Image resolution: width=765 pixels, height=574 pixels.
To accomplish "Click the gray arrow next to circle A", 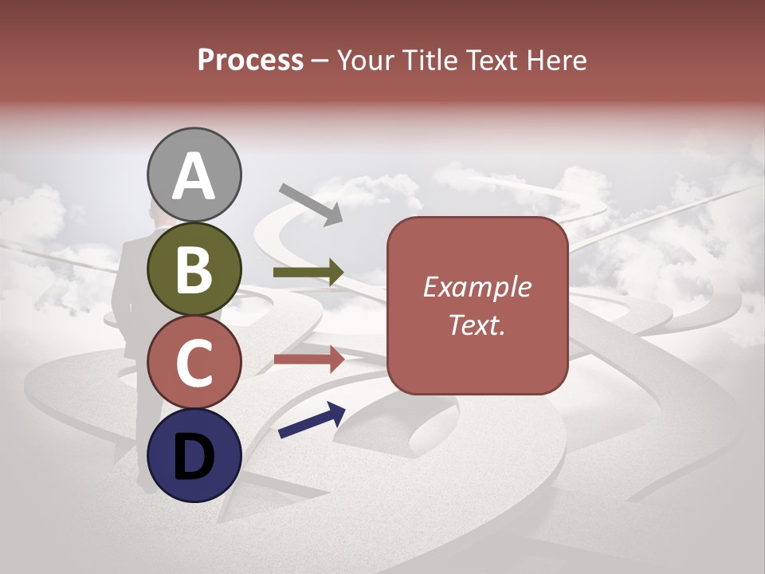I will click(x=311, y=203).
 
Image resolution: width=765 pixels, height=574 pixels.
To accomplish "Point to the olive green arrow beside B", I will click(x=308, y=273).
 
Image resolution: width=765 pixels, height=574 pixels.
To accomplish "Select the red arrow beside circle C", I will click(x=308, y=359).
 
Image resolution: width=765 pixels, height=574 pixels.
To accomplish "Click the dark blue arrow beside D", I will click(x=312, y=420).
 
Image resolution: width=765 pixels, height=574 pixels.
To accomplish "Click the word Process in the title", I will click(x=250, y=60).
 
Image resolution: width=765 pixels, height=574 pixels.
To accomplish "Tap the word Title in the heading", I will click(x=426, y=60).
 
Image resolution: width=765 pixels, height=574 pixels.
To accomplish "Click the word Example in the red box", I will click(x=477, y=287).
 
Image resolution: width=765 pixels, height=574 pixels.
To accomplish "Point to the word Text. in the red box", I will click(x=477, y=324).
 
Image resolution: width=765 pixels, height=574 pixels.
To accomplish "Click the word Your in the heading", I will click(x=364, y=60).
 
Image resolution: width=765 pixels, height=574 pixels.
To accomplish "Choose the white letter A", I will click(x=194, y=176).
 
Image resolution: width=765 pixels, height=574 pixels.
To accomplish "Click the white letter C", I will click(x=194, y=364).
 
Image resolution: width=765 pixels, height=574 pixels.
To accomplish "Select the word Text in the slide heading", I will click(x=492, y=60).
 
